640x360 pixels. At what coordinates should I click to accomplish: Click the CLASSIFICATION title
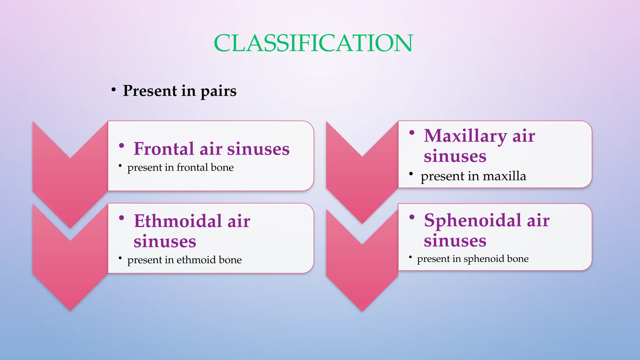tap(313, 43)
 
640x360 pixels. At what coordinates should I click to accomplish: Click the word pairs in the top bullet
tap(218, 91)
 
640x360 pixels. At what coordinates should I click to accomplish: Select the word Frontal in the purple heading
tap(164, 149)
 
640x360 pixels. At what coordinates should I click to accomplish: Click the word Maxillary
tap(465, 136)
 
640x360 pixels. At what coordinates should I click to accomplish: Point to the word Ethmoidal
tap(178, 221)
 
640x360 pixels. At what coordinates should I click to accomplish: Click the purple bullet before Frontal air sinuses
tap(122, 145)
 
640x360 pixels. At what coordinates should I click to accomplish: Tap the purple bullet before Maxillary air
tap(412, 133)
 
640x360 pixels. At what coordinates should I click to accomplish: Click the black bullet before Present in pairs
tap(114, 90)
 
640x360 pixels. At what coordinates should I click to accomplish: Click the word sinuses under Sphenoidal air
tap(455, 241)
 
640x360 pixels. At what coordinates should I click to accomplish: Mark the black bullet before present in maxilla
tap(411, 174)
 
